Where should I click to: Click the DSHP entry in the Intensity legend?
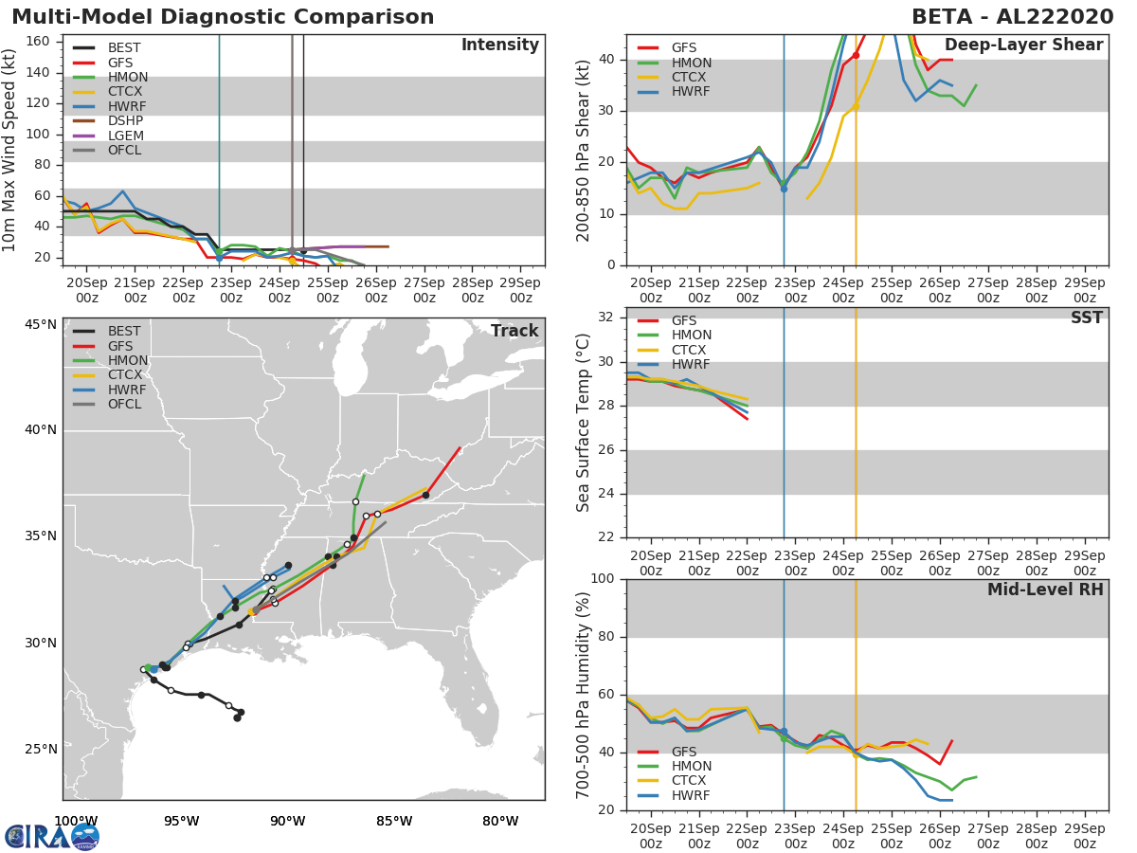coord(108,120)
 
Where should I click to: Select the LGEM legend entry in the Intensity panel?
coord(108,136)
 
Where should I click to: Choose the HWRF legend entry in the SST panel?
coord(674,364)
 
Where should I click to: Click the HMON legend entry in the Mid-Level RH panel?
coord(674,766)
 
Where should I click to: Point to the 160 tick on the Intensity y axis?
coord(38,42)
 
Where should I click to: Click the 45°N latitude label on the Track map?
coord(41,325)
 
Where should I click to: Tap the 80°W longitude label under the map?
coord(500,822)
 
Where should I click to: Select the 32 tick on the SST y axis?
coord(606,317)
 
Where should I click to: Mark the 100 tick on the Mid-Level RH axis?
coord(603,578)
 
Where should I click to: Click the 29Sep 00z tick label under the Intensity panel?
coord(520,290)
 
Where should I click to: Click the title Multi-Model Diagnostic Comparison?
coord(223,17)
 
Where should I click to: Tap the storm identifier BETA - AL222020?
coord(1013,17)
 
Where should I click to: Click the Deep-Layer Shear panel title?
coord(1024,45)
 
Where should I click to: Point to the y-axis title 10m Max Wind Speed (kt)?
coord(9,150)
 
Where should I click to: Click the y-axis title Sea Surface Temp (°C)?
coord(583,423)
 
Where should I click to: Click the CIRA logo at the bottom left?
coord(52,836)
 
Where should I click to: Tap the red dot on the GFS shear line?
coord(856,55)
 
